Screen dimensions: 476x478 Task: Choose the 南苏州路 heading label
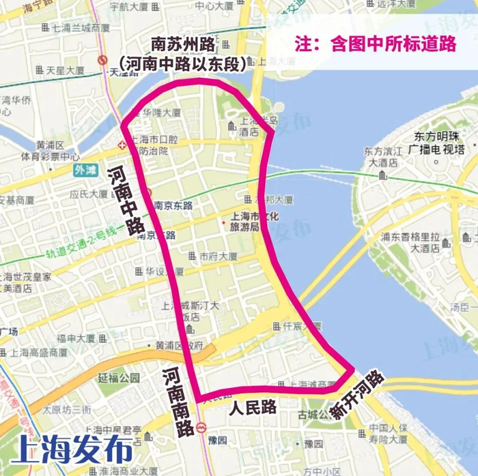183,44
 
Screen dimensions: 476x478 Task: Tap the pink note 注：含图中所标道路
376,44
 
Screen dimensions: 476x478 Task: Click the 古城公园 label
320,415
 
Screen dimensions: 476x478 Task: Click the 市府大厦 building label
217,257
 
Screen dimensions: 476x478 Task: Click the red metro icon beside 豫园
201,428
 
